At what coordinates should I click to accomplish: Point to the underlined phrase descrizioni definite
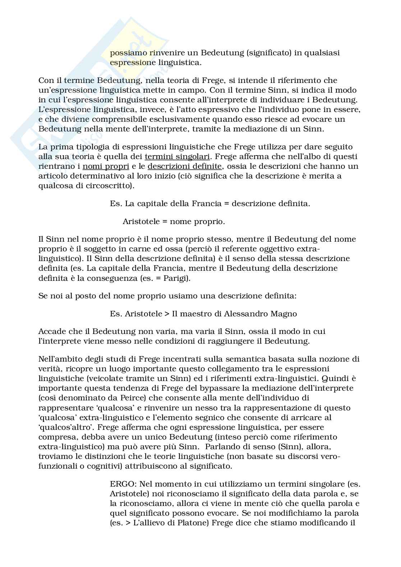pyautogui.click(x=185, y=166)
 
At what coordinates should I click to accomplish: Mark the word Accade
pyautogui.click(x=51, y=331)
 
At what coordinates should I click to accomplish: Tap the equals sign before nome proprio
pyautogui.click(x=165, y=222)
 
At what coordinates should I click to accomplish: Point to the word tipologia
pyautogui.click(x=87, y=147)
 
